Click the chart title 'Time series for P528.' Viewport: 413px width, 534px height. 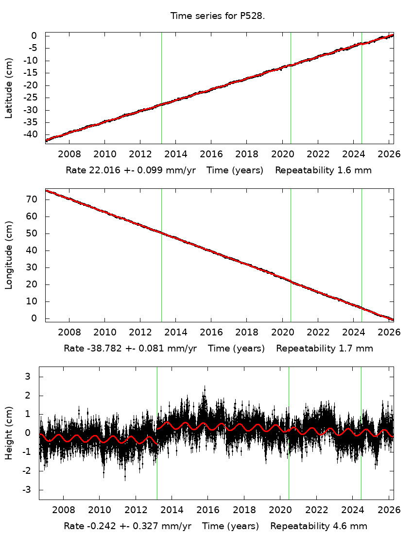[x=217, y=16]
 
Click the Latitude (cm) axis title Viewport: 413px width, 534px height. [x=9, y=88]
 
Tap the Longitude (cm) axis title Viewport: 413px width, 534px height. [x=9, y=255]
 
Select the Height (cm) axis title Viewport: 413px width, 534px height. [x=9, y=433]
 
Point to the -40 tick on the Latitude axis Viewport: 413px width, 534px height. [x=30, y=134]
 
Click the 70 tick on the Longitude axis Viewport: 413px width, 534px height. [x=33, y=200]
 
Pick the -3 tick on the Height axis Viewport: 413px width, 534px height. [x=27, y=490]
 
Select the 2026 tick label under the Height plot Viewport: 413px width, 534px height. [x=388, y=510]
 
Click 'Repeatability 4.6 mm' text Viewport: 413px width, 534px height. [x=319, y=526]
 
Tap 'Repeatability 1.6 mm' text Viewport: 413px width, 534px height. [x=324, y=170]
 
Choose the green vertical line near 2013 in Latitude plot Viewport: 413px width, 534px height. [x=161, y=87]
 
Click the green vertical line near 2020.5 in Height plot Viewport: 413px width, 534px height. [x=289, y=432]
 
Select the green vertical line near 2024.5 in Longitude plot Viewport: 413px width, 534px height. [x=361, y=255]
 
